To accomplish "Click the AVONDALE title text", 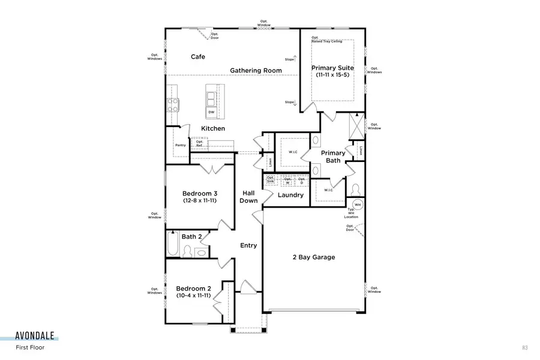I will (x=37, y=336).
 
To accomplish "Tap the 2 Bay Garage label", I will (x=313, y=257).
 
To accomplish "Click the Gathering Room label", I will (x=256, y=70).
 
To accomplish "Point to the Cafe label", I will (x=198, y=57).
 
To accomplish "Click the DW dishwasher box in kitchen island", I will (x=211, y=112).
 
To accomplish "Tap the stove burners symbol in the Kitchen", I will (x=173, y=105).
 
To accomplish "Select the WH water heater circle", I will (x=357, y=206).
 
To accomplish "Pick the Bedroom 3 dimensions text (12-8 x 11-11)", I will (x=200, y=202).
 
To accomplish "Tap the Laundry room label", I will (x=290, y=195).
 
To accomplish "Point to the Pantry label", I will (x=180, y=145).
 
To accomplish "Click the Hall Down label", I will (x=248, y=197).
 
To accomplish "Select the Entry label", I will (x=248, y=245).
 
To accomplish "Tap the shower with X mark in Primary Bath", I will (x=356, y=128).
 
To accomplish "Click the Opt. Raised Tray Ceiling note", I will (x=323, y=40).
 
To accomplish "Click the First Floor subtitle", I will (x=30, y=347).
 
